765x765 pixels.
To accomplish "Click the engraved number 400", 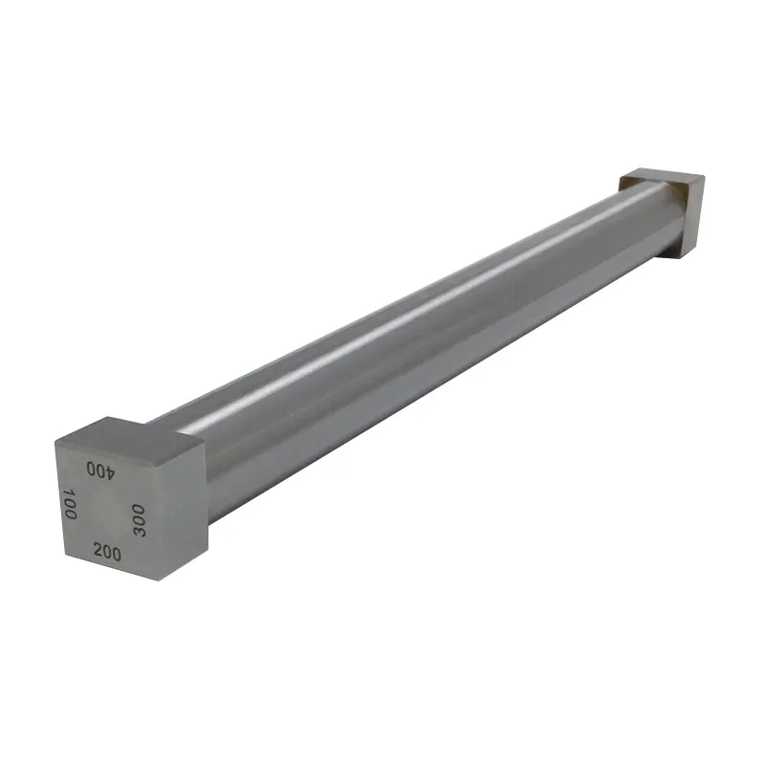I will (x=99, y=470).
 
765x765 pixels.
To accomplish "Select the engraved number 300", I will (x=138, y=519).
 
